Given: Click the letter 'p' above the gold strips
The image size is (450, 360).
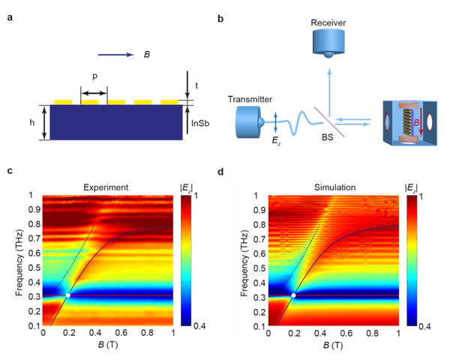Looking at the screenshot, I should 94,77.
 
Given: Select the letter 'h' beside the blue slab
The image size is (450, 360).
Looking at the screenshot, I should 32,122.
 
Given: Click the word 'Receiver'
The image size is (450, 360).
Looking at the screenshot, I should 328,22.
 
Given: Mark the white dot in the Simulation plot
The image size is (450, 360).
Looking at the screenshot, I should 293,295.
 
